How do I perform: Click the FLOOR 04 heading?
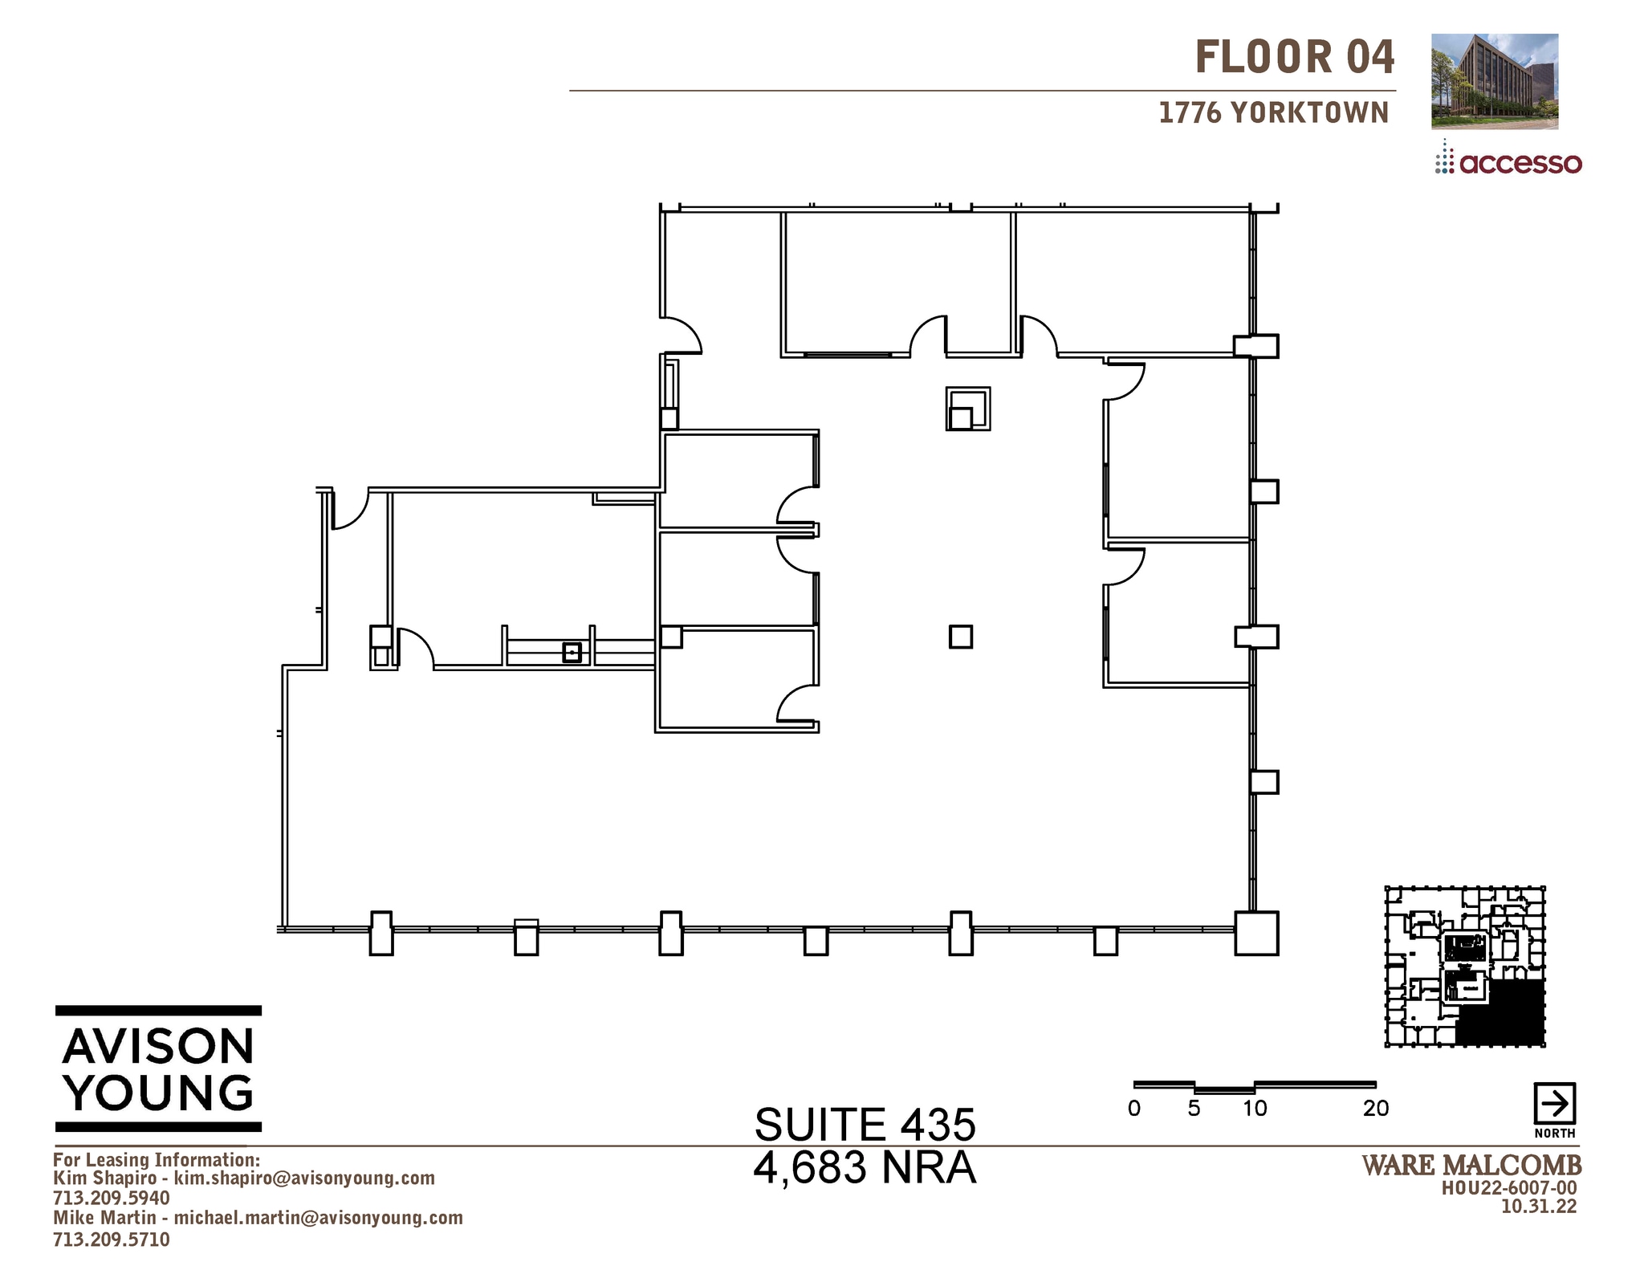[1294, 58]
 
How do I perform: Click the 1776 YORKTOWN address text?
[1273, 113]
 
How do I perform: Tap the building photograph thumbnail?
[1494, 81]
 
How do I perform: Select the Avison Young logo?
[158, 1068]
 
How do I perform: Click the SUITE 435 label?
[865, 1124]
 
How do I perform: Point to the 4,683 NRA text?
[865, 1167]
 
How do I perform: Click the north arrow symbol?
[1554, 1104]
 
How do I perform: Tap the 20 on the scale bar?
[1375, 1109]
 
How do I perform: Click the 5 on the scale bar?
[1194, 1109]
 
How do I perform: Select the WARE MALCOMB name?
[1471, 1165]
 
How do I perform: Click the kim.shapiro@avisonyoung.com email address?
[304, 1178]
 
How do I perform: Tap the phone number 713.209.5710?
[111, 1239]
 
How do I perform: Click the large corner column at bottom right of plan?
[1255, 933]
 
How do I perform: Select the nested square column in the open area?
[967, 409]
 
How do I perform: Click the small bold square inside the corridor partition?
[572, 652]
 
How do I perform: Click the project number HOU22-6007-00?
[1508, 1188]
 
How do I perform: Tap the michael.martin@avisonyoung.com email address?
[318, 1218]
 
